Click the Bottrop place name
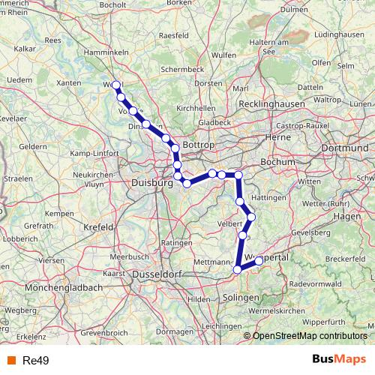(199, 143)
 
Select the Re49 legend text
(34, 361)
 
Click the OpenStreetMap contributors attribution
(309, 336)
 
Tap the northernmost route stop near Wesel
(116, 85)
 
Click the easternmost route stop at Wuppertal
(259, 260)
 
